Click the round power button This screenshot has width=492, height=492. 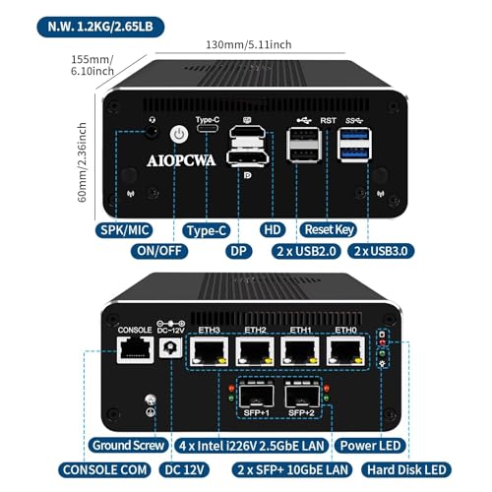coord(179,134)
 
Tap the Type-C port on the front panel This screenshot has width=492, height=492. coord(208,129)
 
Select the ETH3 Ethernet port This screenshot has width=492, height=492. coord(209,351)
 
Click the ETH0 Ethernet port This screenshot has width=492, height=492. coord(345,351)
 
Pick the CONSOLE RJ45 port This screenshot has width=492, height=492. coord(135,349)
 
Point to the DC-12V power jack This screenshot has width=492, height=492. coord(170,347)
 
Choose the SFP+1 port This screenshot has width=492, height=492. coord(257,396)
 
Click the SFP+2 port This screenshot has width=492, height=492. coord(302,396)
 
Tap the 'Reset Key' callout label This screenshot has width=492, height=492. coord(329,229)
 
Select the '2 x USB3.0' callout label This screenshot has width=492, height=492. coord(381,251)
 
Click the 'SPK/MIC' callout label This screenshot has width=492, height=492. coord(124,230)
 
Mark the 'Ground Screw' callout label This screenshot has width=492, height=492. coord(128,446)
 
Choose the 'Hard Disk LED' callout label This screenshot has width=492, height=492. coord(406,469)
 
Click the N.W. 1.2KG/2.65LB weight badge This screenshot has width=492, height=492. coord(100,27)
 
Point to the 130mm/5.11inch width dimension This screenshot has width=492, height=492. coord(249,44)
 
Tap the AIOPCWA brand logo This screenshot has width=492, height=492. coord(181,160)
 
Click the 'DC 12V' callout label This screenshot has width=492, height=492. coord(184,469)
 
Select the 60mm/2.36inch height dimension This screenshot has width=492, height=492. coord(82,162)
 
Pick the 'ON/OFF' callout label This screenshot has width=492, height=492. coord(159,251)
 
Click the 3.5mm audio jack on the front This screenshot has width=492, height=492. coord(151,132)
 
